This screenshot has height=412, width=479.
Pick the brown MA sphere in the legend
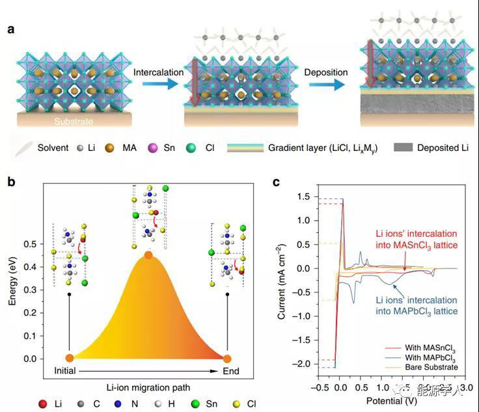point(126,148)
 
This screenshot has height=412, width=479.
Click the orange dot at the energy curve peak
point(148,255)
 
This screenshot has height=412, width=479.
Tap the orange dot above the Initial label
point(70,358)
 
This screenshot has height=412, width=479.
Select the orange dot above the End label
point(227,358)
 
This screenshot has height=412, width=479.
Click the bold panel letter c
point(276,182)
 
